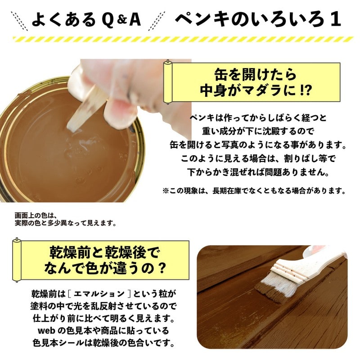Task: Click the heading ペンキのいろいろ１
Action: [x=257, y=19]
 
